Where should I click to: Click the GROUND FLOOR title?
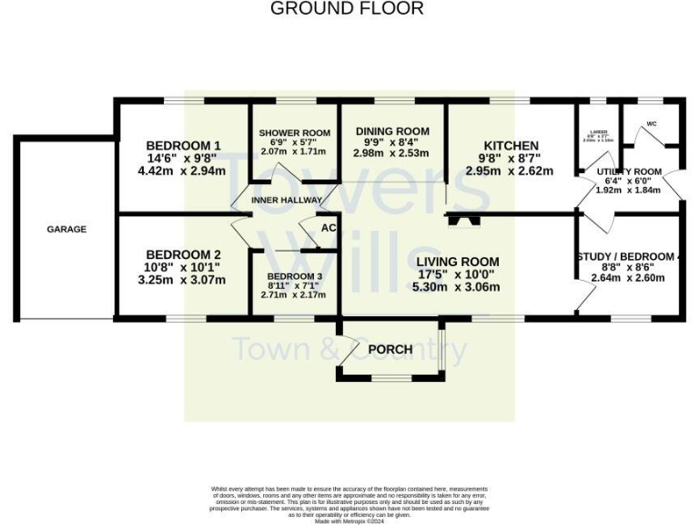click(347, 9)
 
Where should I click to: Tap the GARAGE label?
click(66, 230)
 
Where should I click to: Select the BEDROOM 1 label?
click(183, 146)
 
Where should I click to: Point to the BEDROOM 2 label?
click(183, 254)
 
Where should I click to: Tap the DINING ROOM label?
click(392, 131)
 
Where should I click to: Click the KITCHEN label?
click(511, 146)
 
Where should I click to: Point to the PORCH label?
click(390, 350)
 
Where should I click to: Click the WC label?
click(651, 124)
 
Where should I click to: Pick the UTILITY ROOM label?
click(629, 171)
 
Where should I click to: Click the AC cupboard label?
click(329, 229)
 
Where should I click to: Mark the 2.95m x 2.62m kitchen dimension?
click(511, 170)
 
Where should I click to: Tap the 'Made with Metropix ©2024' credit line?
click(349, 520)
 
